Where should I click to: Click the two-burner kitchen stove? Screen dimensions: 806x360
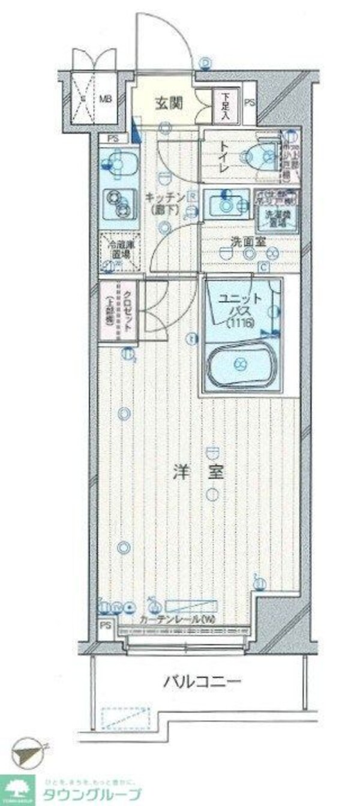[x=118, y=202]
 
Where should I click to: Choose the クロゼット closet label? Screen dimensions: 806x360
[x=128, y=311]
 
